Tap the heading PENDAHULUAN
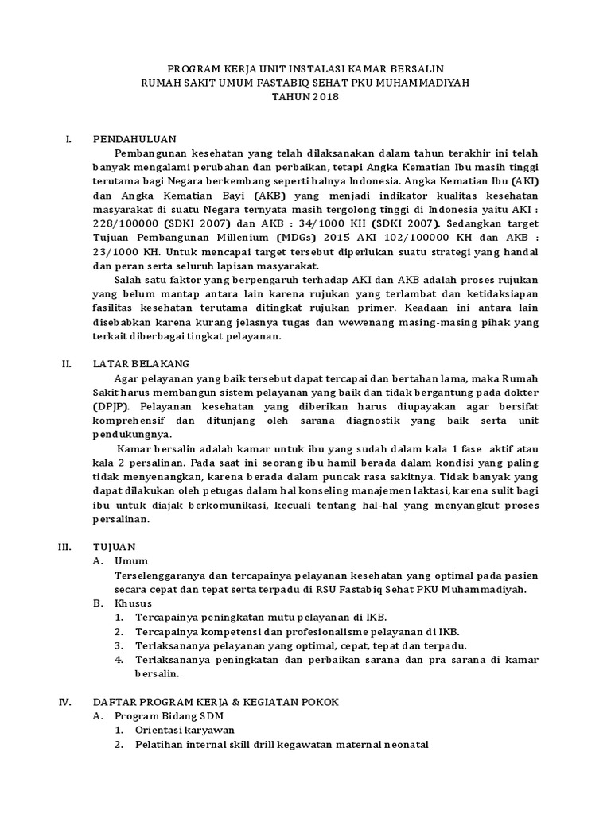click(134, 138)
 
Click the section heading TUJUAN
click(115, 547)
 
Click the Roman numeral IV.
click(67, 702)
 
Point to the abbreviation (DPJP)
click(112, 406)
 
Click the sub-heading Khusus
click(134, 603)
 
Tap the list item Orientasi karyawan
click(185, 731)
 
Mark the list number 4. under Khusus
click(119, 659)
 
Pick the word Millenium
click(241, 237)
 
